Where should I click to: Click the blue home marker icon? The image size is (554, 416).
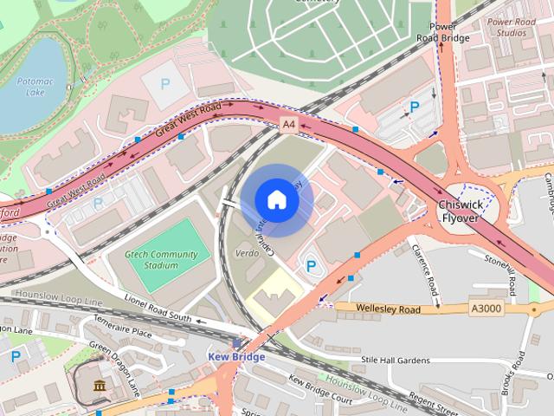(x=276, y=200)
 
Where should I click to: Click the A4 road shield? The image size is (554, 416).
(x=289, y=126)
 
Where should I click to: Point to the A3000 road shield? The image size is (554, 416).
(x=485, y=309)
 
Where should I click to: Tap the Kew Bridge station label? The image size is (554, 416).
(x=235, y=356)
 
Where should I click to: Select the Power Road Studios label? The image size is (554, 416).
(x=506, y=27)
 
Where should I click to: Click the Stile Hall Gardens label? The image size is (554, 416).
(x=395, y=359)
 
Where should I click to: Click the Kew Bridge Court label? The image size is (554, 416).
(x=320, y=388)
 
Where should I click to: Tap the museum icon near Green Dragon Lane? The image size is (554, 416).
(x=100, y=385)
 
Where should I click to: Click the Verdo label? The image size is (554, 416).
(x=248, y=254)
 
